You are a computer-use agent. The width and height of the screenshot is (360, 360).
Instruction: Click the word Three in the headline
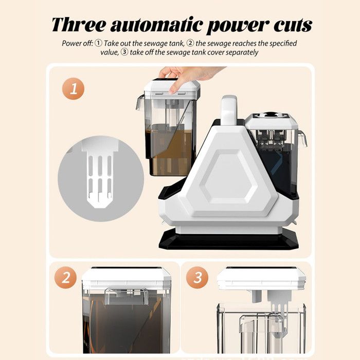[x=79, y=24]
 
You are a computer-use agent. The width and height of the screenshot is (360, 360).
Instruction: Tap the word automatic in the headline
[x=157, y=25]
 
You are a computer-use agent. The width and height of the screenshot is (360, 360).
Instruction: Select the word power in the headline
[x=238, y=26]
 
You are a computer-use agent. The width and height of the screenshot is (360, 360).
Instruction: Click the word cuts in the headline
[x=293, y=25]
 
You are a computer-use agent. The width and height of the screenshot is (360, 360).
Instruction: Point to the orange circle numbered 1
[x=74, y=88]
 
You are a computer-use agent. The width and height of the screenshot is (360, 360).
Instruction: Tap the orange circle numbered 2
[x=65, y=278]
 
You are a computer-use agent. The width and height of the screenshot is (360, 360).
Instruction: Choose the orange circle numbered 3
[x=197, y=278]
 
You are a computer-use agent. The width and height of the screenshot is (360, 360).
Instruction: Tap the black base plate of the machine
[x=229, y=240]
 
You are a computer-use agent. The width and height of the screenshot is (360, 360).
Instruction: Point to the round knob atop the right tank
[x=272, y=114]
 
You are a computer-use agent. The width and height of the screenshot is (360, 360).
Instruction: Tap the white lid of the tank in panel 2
[x=126, y=278]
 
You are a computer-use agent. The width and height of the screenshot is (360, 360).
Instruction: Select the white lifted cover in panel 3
[x=261, y=278]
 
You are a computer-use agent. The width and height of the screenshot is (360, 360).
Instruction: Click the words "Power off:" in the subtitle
[x=77, y=43]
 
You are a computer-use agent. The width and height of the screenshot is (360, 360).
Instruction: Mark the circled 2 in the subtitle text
[x=190, y=43]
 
